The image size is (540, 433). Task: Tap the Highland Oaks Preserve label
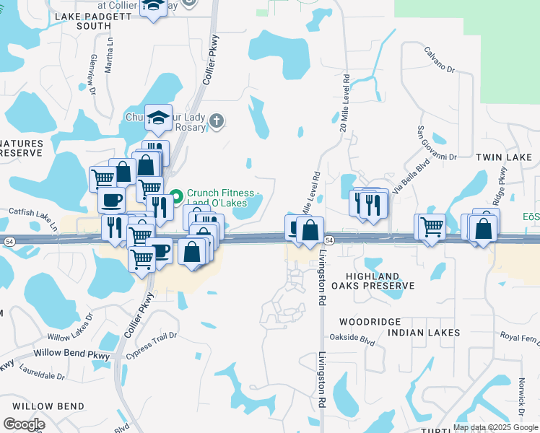point(381,281)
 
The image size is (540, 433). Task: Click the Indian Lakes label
point(424,333)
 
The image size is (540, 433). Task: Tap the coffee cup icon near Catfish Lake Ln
point(111,200)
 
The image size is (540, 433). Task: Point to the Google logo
point(24,424)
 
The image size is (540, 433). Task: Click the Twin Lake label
point(504,157)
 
